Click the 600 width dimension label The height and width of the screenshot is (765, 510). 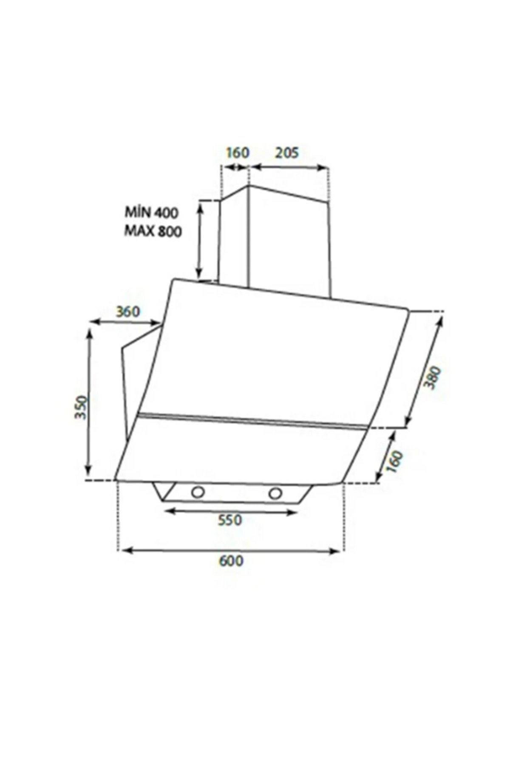coord(232,561)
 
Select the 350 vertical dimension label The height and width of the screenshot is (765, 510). coord(81,407)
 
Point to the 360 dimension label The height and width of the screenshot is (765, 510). coord(127,312)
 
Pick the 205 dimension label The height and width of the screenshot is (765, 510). coord(287,152)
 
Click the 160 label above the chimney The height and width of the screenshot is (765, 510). coord(236,152)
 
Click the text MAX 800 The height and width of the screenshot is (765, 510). coord(153,232)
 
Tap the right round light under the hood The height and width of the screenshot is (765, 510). coord(275,493)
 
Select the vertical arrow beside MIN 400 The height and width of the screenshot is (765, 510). coord(199,240)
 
